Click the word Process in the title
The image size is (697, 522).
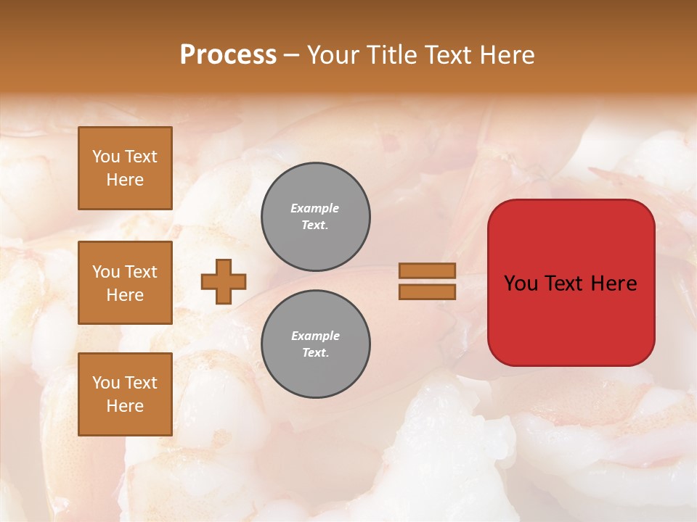tap(228, 55)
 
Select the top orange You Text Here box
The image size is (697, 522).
tap(125, 168)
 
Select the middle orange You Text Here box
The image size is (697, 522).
tap(125, 283)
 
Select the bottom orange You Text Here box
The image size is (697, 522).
tap(125, 394)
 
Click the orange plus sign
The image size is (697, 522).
tap(224, 281)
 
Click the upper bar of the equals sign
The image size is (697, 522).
tap(427, 270)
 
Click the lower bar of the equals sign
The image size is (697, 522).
tap(427, 292)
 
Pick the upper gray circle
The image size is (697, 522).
tap(315, 217)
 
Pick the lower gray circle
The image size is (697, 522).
tap(315, 344)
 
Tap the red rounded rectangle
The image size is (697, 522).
tap(571, 283)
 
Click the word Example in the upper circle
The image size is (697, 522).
tap(314, 208)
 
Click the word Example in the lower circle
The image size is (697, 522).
tap(315, 336)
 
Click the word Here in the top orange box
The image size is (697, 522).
tap(125, 180)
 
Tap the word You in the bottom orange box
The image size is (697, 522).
tap(106, 383)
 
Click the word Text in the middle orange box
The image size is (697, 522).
tap(141, 272)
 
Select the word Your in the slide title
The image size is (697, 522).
tap(333, 55)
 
